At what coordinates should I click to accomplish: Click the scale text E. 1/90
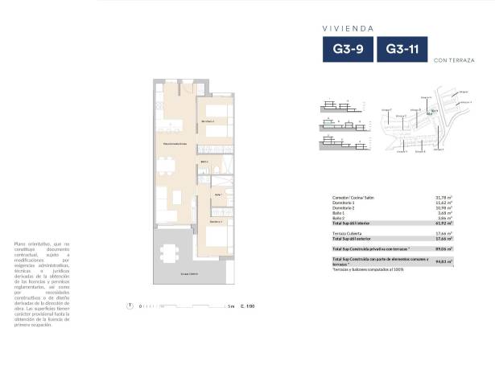click(248, 306)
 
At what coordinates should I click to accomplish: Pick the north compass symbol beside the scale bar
click(130, 306)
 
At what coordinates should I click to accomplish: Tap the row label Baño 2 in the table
click(339, 217)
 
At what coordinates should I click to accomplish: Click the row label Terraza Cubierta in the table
click(346, 233)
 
